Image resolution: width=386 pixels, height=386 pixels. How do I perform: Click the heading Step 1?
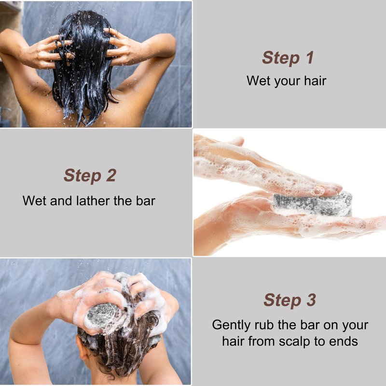click(x=288, y=58)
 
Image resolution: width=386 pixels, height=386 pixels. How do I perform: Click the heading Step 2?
click(x=90, y=176)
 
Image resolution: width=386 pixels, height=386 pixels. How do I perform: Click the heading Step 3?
click(x=290, y=300)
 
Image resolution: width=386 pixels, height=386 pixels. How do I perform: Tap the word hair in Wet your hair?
click(x=315, y=81)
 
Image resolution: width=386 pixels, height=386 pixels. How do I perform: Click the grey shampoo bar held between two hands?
click(x=313, y=204)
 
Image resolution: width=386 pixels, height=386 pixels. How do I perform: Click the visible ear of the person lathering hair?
click(x=81, y=347)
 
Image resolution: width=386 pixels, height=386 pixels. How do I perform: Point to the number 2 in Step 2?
click(x=111, y=176)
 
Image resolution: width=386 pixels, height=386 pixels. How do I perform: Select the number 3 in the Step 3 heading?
click(x=311, y=300)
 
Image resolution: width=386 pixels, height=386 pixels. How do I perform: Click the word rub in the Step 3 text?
click(x=264, y=325)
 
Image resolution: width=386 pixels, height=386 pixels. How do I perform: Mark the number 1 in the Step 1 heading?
click(x=310, y=57)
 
